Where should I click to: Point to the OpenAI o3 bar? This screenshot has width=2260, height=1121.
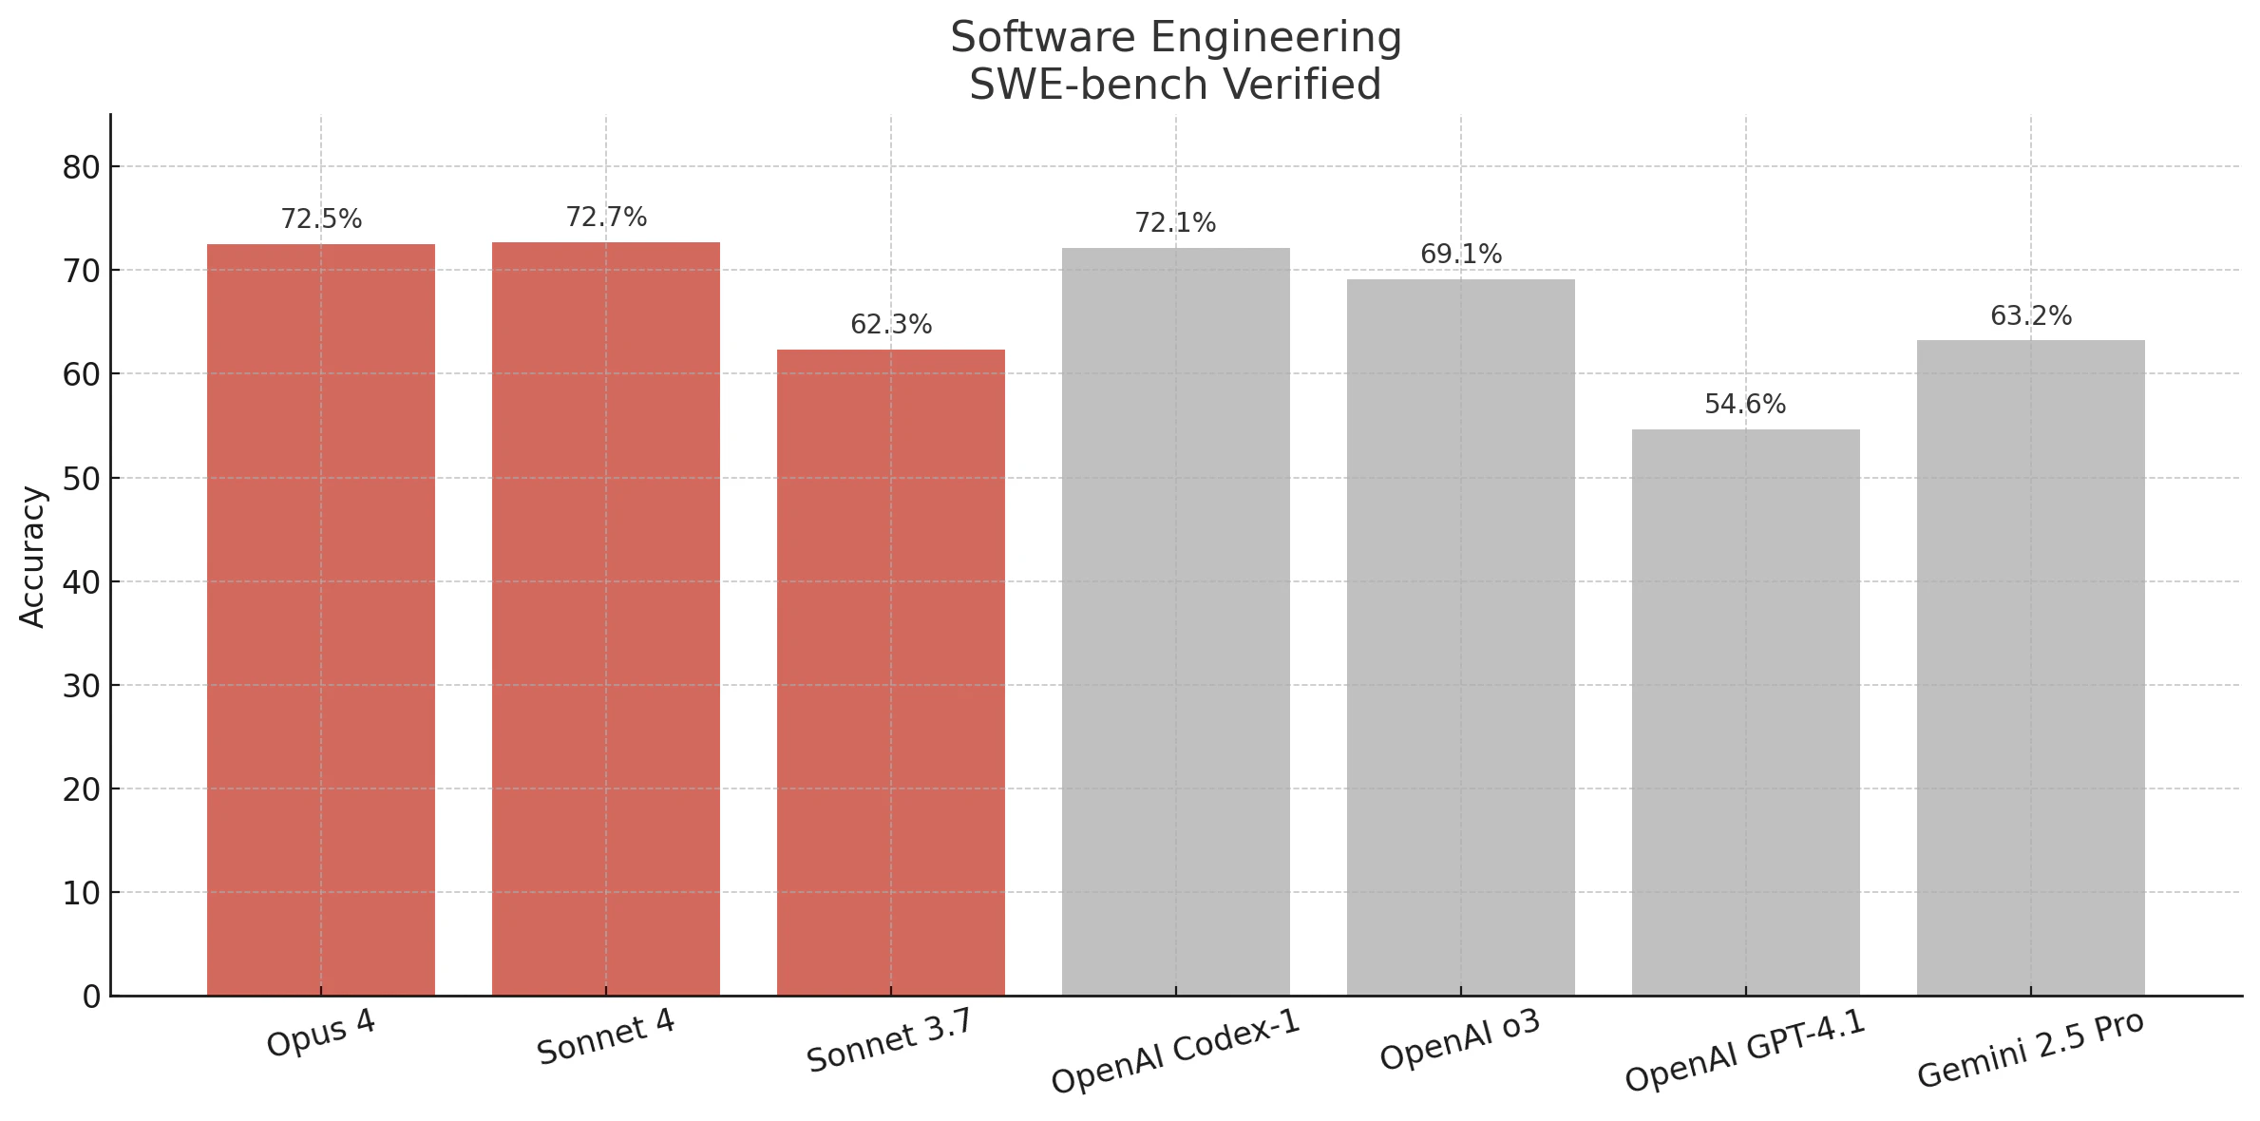[1460, 636]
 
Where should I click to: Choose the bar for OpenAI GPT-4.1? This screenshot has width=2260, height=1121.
[1745, 712]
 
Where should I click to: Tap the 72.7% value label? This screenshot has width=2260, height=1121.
[606, 218]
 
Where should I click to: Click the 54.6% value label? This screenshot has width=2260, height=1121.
[1745, 405]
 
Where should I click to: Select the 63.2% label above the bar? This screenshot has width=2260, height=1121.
[2031, 316]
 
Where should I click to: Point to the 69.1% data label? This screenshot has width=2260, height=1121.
[1461, 255]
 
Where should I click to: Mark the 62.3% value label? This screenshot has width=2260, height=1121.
[891, 325]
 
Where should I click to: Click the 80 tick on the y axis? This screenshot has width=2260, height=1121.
[82, 168]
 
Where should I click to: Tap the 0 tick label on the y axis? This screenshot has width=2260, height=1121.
[91, 997]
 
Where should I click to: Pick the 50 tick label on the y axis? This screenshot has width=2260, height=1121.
[82, 479]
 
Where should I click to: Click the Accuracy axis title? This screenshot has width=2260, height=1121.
[32, 557]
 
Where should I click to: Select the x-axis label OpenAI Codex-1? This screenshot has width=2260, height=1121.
[1175, 1052]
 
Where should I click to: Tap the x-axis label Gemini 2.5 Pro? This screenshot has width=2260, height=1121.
[2030, 1050]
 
